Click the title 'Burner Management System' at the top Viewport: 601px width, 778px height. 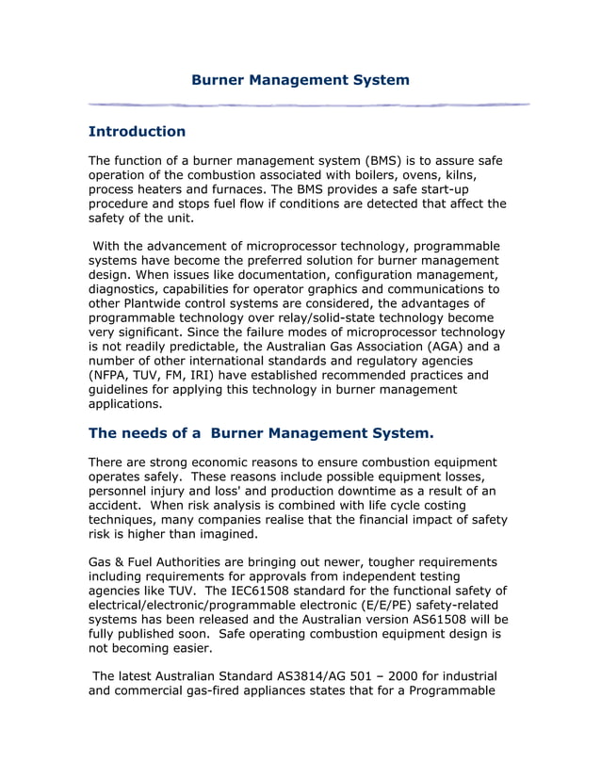(300, 80)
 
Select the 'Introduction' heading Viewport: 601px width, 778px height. (137, 131)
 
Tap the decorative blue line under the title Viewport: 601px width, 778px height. (308, 104)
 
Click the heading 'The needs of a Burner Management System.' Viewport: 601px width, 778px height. (261, 433)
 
